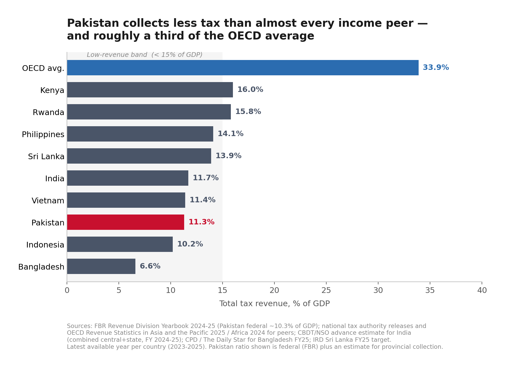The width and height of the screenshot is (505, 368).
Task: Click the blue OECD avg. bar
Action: click(243, 68)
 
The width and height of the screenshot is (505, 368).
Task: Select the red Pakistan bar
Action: click(126, 222)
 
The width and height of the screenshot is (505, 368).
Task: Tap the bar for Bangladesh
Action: click(101, 266)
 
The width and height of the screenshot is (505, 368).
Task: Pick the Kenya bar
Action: click(150, 90)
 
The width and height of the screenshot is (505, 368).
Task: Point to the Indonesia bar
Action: click(120, 244)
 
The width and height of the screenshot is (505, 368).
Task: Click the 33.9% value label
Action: click(436, 68)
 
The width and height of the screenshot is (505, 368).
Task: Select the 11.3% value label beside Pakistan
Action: click(202, 222)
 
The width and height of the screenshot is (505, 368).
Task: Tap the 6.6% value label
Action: click(150, 266)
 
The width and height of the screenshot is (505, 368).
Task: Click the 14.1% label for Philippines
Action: click(231, 134)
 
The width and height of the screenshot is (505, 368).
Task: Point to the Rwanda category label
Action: click(49, 112)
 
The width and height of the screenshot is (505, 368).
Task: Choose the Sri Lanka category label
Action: click(46, 157)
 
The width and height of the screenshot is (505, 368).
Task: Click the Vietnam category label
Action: click(48, 201)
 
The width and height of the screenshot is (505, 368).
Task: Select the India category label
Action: click(55, 179)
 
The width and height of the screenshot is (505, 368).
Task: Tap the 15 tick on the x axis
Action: click(223, 290)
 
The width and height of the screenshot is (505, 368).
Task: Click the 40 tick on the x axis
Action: click(482, 290)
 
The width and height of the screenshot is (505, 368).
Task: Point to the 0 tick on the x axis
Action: click(67, 290)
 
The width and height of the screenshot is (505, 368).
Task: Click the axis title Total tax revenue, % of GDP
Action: click(274, 304)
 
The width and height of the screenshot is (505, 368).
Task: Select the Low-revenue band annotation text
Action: click(144, 55)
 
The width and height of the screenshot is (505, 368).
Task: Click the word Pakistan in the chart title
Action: click(93, 23)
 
